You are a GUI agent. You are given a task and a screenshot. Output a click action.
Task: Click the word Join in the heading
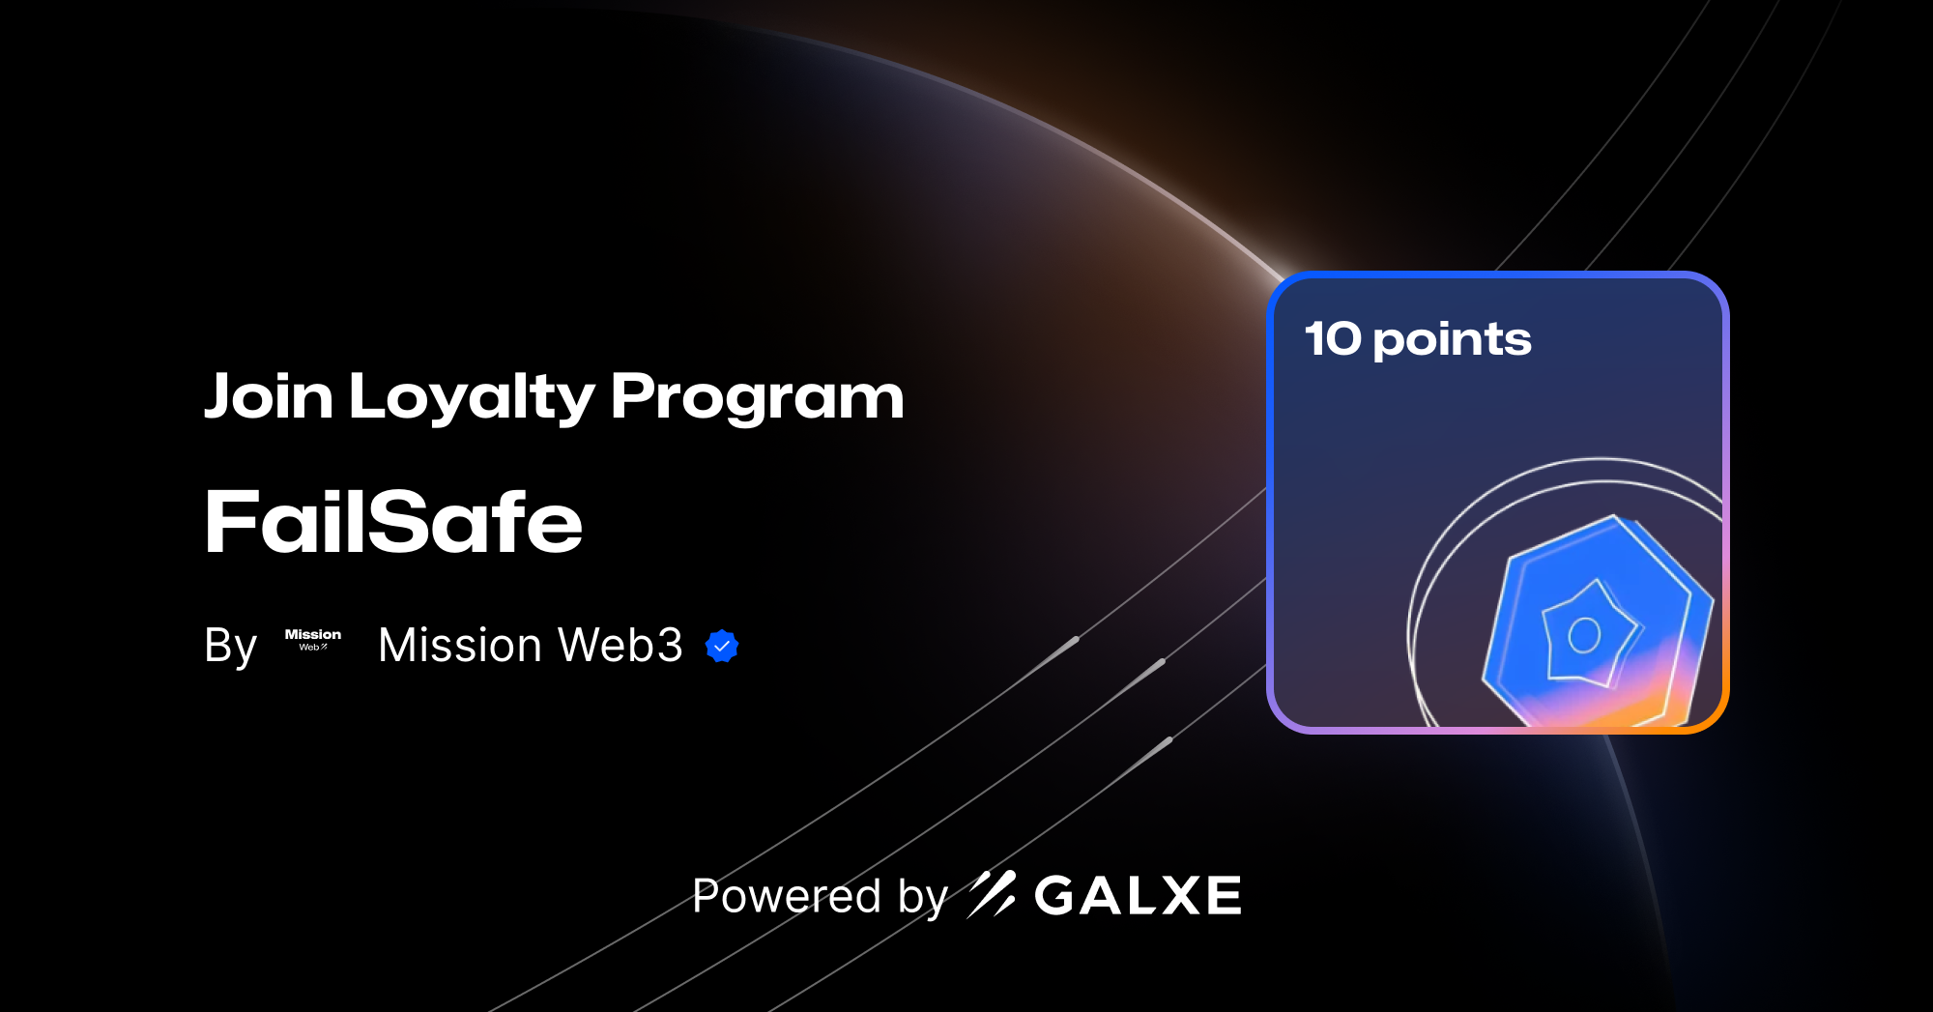269,396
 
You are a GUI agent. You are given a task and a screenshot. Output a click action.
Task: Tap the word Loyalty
472,398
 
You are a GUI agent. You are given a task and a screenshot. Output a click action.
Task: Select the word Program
757,398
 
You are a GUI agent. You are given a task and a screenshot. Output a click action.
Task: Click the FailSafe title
393,522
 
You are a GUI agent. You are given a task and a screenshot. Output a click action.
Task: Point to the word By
230,646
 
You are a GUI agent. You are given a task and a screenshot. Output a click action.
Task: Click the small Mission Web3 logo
312,640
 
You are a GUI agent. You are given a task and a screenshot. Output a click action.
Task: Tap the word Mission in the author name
460,645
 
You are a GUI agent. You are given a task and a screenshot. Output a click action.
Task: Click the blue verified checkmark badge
722,646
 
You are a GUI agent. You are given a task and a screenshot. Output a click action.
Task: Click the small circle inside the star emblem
1584,635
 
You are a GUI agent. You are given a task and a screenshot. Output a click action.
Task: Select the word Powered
787,896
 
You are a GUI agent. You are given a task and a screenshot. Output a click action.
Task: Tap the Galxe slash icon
992,894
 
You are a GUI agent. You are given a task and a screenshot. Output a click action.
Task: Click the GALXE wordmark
1138,895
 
